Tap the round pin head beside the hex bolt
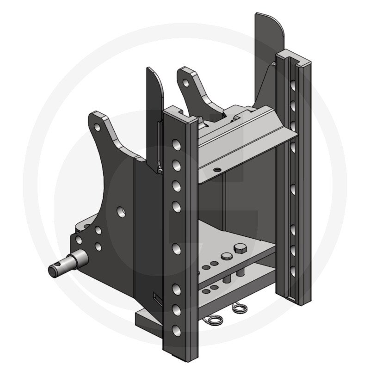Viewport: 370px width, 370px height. coord(226,256)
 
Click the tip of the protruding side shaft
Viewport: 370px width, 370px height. coord(52,270)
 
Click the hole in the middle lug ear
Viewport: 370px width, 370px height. coord(186,84)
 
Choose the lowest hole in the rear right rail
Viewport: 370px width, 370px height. coord(293,270)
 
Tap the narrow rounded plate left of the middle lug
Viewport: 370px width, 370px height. coord(155,92)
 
